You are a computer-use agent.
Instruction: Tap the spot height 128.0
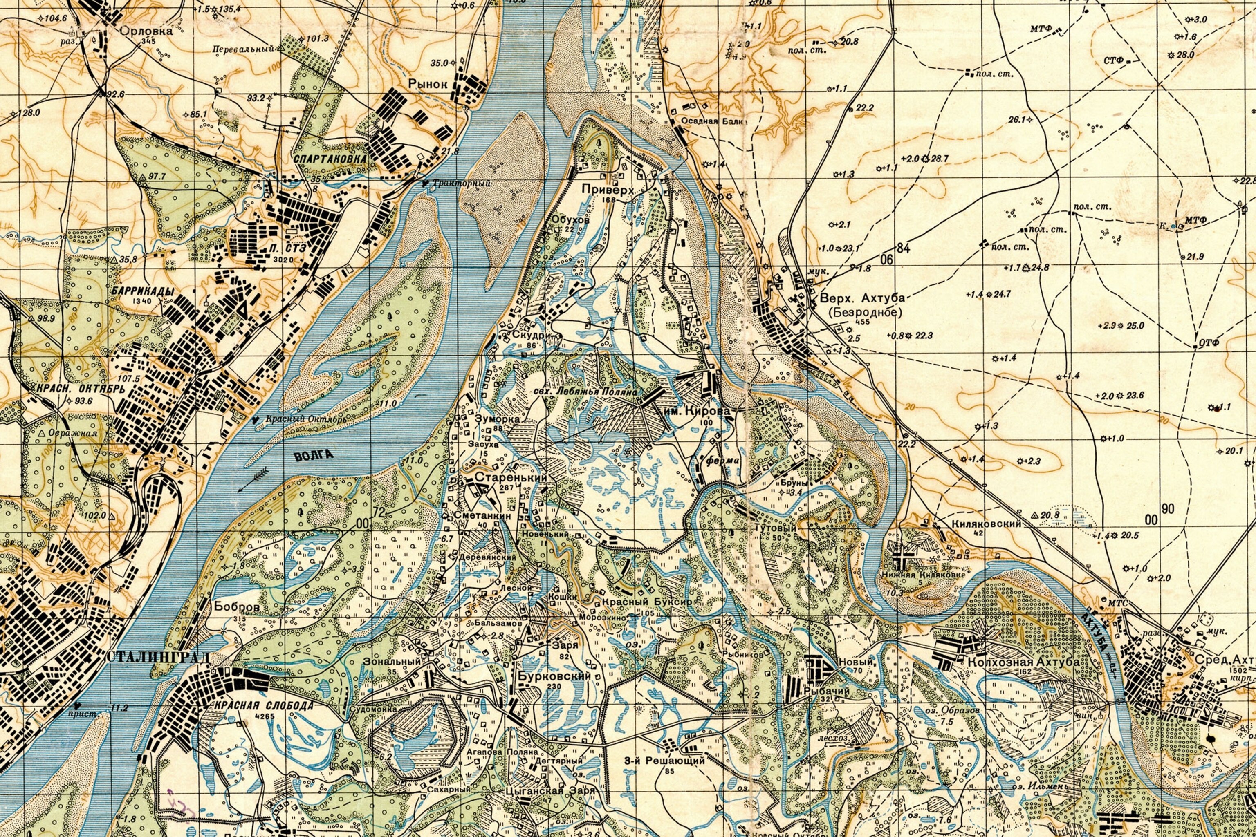(26, 113)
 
